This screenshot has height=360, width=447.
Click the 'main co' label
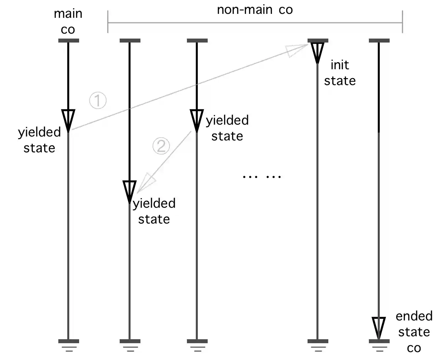point(68,21)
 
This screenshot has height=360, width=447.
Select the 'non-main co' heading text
point(254,10)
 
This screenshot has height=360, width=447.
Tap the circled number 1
point(98,100)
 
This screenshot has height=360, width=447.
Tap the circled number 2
point(161,146)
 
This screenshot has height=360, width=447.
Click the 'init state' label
point(340,73)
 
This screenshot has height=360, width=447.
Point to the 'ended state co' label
point(414,332)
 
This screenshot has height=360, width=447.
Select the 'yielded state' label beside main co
point(40,140)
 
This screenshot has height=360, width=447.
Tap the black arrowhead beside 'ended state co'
point(379,328)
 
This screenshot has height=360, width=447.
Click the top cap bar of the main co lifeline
point(69,41)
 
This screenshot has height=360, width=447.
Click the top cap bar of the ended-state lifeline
point(379,41)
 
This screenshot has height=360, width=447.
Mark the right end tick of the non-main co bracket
point(402,22)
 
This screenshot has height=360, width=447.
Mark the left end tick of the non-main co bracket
point(108,22)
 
